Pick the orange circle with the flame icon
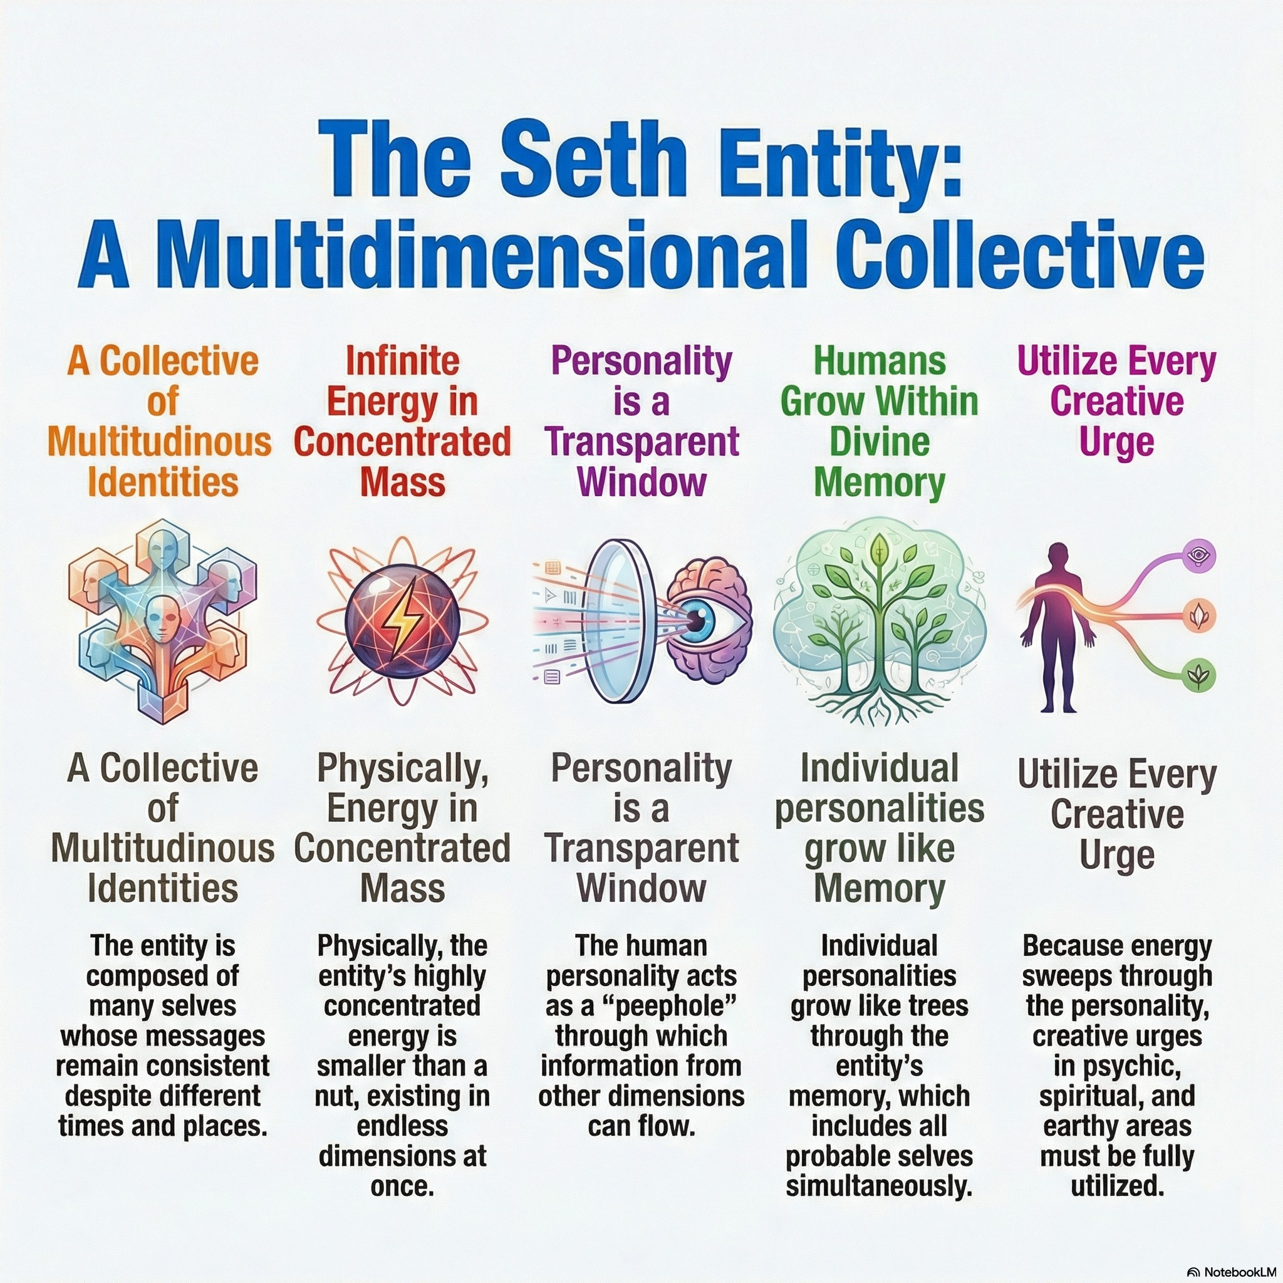pyautogui.click(x=1198, y=615)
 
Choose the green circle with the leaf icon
pyautogui.click(x=1198, y=676)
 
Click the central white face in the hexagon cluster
pyautogui.click(x=162, y=618)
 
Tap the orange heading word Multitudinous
pyautogui.click(x=162, y=442)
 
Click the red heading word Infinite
pyautogui.click(x=402, y=361)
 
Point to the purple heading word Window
pyautogui.click(x=641, y=482)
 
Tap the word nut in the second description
pyautogui.click(x=335, y=1096)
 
